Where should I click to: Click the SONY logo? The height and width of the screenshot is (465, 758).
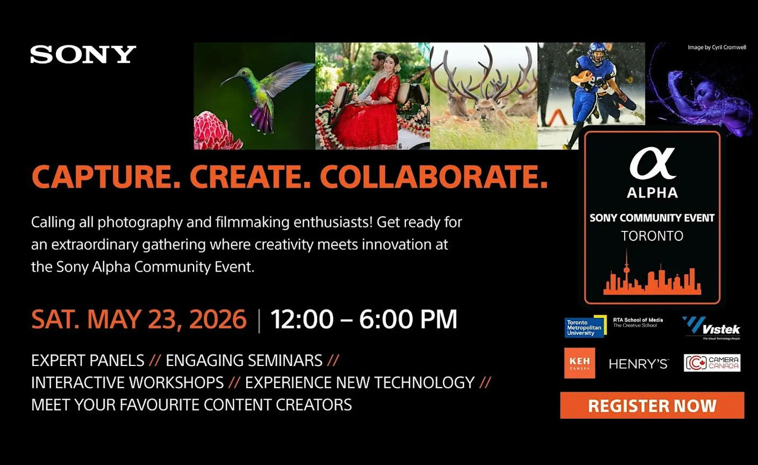[x=83, y=54]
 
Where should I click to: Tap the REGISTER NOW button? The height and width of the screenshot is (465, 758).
[x=652, y=406]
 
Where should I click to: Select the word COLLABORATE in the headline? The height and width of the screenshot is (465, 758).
[x=433, y=177]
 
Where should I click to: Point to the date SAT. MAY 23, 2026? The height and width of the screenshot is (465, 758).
[x=139, y=319]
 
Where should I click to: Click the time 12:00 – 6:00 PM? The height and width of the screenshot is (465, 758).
[x=364, y=319]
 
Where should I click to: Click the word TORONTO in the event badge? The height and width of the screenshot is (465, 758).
[x=652, y=236]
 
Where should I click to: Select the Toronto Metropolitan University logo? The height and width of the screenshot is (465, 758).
[x=585, y=327]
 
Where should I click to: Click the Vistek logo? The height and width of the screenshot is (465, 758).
[x=712, y=328]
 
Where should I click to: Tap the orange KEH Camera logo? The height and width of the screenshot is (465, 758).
[x=580, y=363]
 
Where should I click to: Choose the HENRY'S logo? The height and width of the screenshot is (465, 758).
[x=638, y=364]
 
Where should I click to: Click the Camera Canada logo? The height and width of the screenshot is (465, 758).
[x=712, y=363]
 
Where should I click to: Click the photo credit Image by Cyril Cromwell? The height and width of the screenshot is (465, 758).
[x=717, y=47]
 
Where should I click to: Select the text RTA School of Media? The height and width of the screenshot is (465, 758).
[x=638, y=320]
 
